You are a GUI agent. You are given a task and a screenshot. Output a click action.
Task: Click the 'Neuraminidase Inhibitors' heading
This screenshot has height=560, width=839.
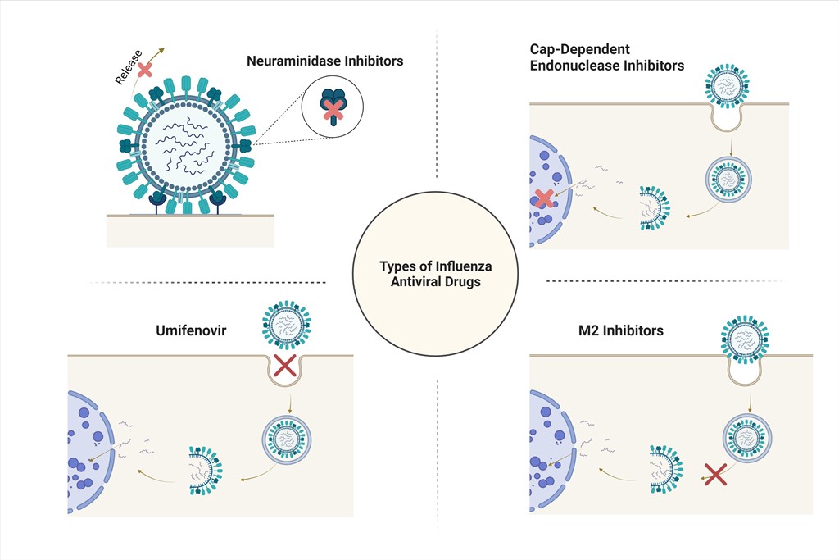pyautogui.click(x=324, y=61)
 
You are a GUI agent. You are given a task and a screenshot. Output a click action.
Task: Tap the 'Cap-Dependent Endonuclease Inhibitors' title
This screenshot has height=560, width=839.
pyautogui.click(x=606, y=57)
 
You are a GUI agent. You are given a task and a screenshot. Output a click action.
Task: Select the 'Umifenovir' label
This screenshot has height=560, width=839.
pyautogui.click(x=192, y=331)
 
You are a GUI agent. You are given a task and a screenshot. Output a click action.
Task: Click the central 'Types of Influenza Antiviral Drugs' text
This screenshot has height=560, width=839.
pyautogui.click(x=436, y=274)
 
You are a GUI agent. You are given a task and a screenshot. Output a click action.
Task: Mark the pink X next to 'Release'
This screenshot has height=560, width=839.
pyautogui.click(x=145, y=69)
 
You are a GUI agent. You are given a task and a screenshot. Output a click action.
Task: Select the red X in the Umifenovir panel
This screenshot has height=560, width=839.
pyautogui.click(x=284, y=366)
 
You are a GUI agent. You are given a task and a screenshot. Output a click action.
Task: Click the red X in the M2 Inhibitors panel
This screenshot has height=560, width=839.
pyautogui.click(x=715, y=475)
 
